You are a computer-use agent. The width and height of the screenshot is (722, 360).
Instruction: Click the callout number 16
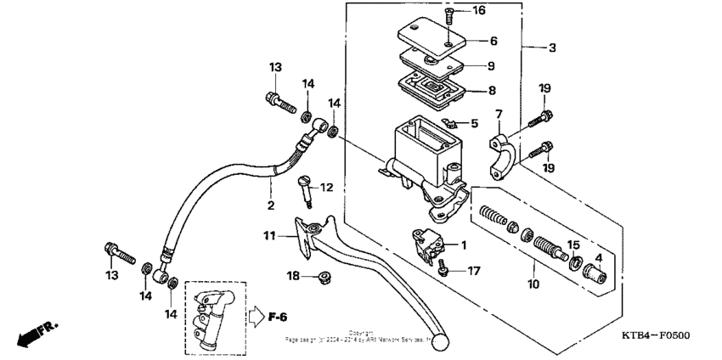(x=478, y=11)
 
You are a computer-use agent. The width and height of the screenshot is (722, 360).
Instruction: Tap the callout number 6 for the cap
(x=493, y=41)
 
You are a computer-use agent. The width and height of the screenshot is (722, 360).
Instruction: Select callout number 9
(x=493, y=65)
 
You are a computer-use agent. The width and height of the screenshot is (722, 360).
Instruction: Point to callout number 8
(x=493, y=90)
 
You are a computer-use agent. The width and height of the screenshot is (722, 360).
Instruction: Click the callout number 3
(x=552, y=48)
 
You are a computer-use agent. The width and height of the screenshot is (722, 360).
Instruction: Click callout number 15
(x=573, y=245)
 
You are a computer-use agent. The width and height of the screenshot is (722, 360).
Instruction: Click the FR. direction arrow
(x=29, y=335)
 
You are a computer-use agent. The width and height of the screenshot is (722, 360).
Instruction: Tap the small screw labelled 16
(x=450, y=12)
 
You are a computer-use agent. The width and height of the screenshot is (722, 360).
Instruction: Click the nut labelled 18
(x=323, y=277)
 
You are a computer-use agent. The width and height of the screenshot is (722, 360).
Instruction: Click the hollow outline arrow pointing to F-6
(x=257, y=318)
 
